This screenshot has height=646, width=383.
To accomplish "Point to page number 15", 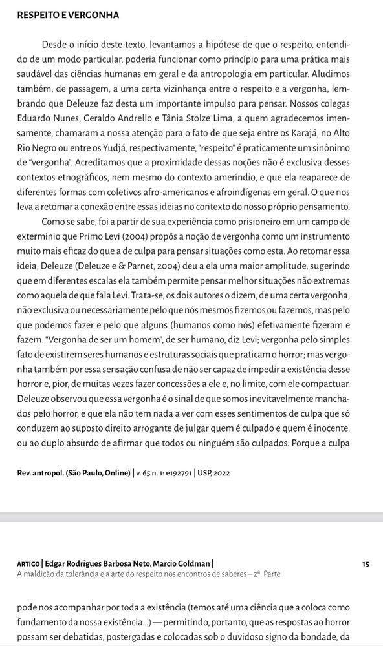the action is point(366,564).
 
